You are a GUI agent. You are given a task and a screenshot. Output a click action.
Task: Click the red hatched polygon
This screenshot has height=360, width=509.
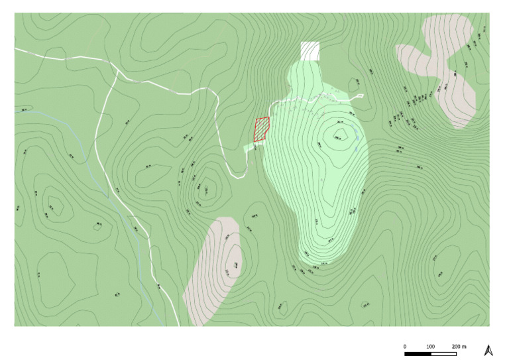262,129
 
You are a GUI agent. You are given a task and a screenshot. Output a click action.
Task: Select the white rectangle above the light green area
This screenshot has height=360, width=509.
310,50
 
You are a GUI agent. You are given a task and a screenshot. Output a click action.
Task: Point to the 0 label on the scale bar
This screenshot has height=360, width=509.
404,346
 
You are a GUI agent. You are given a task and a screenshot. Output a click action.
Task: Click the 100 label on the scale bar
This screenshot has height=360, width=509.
430,346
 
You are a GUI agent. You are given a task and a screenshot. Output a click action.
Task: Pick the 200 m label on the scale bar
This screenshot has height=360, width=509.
459,346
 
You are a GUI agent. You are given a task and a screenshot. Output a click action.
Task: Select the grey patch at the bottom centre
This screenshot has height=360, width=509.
211,272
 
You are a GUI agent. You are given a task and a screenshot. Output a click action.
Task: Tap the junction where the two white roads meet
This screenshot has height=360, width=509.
117,72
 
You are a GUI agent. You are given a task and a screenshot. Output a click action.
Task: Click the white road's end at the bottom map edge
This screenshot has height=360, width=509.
180,324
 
